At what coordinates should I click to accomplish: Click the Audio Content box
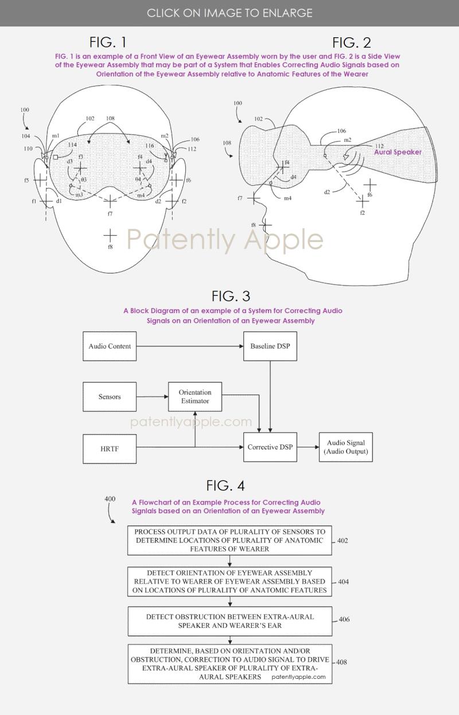click(110, 346)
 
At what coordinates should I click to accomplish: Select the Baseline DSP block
click(270, 346)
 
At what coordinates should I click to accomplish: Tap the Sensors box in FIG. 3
click(110, 397)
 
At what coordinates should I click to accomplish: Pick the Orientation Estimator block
click(195, 397)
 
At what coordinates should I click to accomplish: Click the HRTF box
click(110, 448)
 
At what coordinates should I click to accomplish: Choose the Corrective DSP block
click(270, 447)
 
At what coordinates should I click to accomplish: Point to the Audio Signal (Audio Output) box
click(345, 447)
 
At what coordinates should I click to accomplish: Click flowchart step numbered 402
click(229, 540)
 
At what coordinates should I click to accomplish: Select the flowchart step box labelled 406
click(229, 621)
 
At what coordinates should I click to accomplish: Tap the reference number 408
click(341, 662)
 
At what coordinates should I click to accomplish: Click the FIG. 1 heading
click(108, 42)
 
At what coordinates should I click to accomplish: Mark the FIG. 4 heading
click(225, 486)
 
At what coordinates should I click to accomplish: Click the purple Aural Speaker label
click(398, 153)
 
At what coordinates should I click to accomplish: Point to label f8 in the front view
click(110, 246)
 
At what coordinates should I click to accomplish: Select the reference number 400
click(110, 499)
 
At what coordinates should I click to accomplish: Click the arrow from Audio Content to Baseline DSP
click(189, 346)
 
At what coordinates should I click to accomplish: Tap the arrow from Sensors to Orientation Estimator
click(151, 397)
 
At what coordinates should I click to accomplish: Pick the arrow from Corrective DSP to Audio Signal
click(308, 447)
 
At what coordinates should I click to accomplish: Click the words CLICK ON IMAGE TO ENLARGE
click(229, 13)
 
